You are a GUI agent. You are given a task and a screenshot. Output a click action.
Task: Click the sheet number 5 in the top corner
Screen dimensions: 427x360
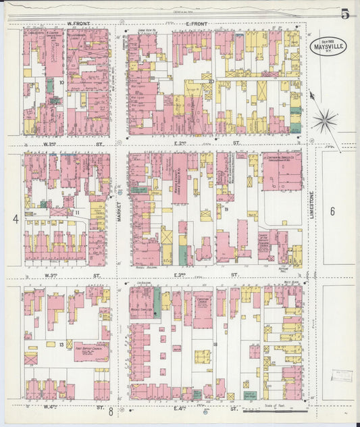345,14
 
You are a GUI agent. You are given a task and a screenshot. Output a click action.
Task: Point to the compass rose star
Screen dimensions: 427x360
325,122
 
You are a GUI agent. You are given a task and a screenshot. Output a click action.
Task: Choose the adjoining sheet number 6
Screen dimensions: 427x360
332,211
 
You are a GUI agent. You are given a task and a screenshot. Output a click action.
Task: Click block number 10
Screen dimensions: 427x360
61,83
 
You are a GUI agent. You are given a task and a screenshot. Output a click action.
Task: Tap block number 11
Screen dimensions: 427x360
77,213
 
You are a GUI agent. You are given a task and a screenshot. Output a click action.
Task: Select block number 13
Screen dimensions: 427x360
61,345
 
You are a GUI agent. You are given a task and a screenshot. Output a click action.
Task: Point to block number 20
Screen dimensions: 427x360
211,82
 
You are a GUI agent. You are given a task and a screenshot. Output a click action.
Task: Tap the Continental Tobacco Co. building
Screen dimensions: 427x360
282,170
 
